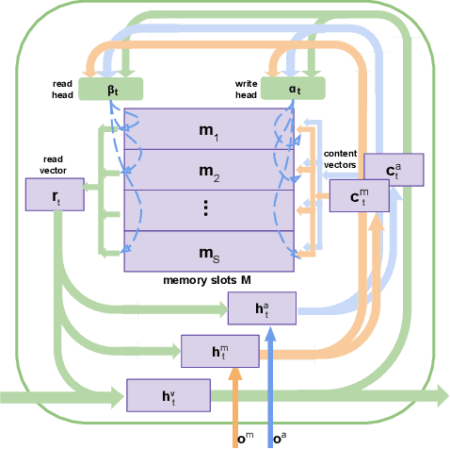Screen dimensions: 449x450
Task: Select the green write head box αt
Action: tap(295, 89)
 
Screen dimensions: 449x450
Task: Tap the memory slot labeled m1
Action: tap(210, 128)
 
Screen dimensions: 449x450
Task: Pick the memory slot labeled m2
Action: tap(210, 170)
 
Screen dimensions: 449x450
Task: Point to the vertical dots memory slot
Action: tap(210, 210)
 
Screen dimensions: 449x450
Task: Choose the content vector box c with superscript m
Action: tap(359, 196)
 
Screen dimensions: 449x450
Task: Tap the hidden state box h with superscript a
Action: tap(262, 307)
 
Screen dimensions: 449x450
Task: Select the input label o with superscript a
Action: tap(279, 438)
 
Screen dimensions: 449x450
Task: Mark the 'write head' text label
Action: tap(247, 89)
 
